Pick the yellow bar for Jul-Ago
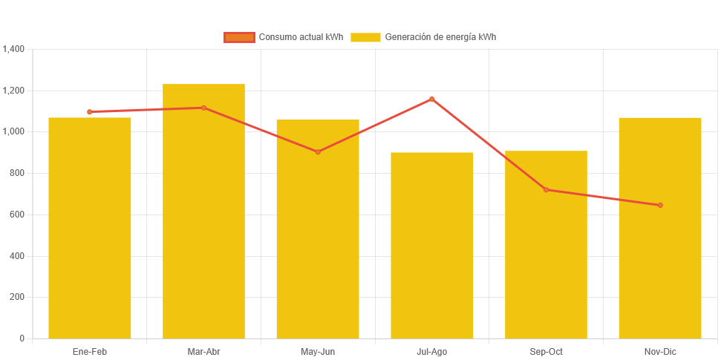click(432, 245)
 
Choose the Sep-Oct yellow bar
click(546, 245)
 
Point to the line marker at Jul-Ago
click(432, 99)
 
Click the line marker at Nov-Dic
click(660, 206)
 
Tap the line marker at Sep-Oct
click(546, 190)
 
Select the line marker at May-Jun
click(318, 152)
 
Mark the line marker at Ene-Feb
click(90, 112)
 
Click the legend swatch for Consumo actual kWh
click(239, 37)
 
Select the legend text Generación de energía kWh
click(440, 37)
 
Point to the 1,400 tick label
click(14, 49)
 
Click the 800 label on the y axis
click(17, 173)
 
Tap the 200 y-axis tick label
click(17, 297)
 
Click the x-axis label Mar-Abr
click(203, 351)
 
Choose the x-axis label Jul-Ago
click(432, 351)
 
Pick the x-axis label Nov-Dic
click(660, 351)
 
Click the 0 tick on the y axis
click(22, 338)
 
